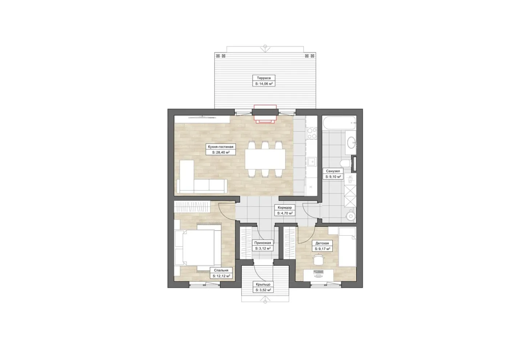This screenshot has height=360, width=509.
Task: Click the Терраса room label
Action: (x=264, y=78)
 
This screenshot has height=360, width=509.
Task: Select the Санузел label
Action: (x=333, y=171)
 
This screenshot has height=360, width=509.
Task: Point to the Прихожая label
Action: (x=262, y=243)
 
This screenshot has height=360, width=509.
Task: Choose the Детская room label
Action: (x=322, y=243)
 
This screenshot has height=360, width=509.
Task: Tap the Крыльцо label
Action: (x=263, y=284)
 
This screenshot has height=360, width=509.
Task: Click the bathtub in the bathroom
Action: (x=339, y=123)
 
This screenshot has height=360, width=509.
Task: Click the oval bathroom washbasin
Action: (x=351, y=143)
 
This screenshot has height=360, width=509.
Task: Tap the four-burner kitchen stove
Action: (x=312, y=133)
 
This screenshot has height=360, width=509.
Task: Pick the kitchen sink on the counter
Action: (x=312, y=162)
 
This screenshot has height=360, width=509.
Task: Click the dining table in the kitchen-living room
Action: (x=265, y=159)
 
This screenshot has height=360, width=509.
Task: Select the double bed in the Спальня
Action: (x=198, y=248)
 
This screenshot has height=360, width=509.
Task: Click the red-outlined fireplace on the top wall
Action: (x=265, y=114)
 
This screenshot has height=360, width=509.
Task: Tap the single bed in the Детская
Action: (x=347, y=247)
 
